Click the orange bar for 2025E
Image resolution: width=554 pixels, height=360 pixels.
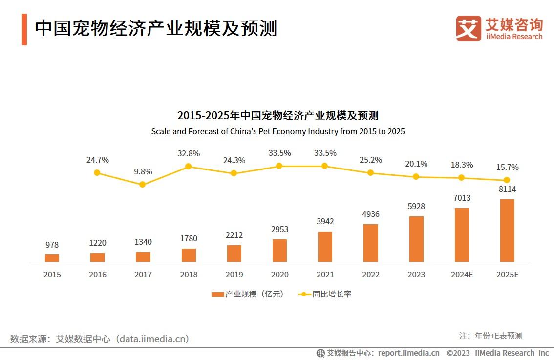(507, 231)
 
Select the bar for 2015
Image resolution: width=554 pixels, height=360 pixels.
(52, 258)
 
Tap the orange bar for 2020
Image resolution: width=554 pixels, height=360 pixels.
(279, 251)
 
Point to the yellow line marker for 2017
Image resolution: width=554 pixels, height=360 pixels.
(142, 185)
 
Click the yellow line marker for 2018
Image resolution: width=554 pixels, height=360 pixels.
(188, 167)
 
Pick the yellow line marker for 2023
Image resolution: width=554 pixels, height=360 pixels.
(416, 177)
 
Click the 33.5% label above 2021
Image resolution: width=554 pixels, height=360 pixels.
(325, 153)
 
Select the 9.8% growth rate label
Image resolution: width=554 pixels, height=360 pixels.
(143, 171)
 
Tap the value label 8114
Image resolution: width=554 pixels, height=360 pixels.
(507, 189)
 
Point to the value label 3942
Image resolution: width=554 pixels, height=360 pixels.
(325, 221)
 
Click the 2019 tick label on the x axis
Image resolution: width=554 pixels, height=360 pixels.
(234, 275)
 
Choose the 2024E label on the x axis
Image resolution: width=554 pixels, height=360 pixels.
(461, 275)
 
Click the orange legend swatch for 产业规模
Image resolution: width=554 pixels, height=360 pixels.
(217, 294)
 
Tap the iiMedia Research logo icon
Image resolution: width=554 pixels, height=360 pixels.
(469, 28)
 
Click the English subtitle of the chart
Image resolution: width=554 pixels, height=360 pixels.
(277, 131)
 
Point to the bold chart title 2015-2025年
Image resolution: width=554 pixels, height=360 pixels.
(277, 116)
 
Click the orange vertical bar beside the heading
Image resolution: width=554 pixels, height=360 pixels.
(24, 29)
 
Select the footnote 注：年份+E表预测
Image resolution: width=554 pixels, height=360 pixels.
(490, 336)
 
